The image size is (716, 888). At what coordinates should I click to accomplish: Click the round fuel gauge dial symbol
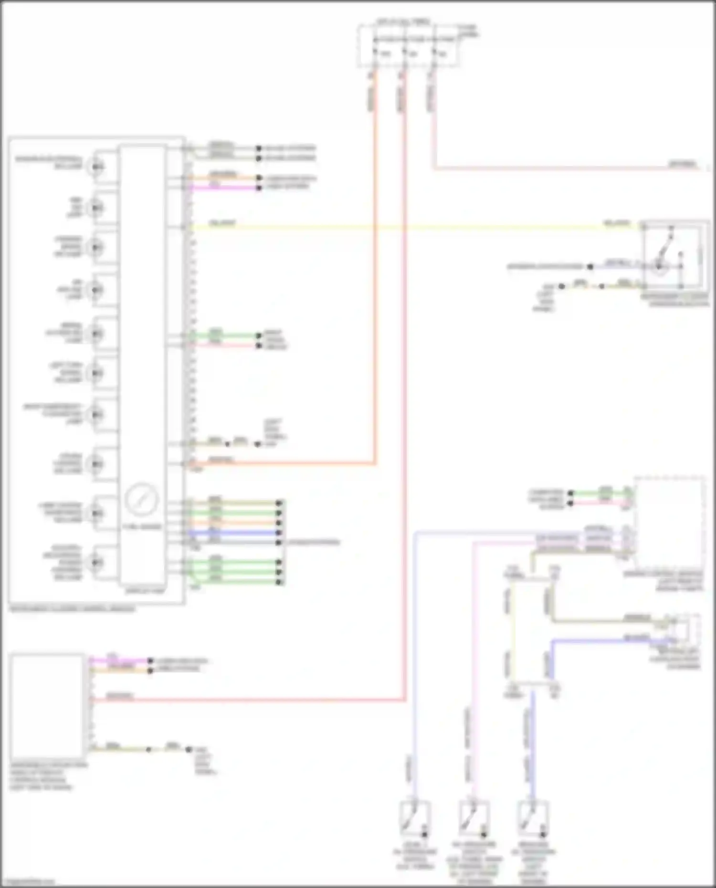click(141, 499)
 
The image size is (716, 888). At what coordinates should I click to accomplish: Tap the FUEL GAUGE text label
click(142, 526)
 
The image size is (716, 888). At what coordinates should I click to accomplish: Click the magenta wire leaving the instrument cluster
click(224, 188)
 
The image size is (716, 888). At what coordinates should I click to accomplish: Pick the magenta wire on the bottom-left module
click(119, 661)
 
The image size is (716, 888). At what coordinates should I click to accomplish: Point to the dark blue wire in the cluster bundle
click(234, 533)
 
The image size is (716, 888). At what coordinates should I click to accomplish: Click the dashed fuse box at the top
click(409, 46)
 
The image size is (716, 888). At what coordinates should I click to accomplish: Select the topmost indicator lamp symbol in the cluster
click(97, 167)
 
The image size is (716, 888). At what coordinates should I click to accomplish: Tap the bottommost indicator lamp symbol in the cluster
click(97, 563)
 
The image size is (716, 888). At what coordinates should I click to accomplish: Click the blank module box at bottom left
click(47, 706)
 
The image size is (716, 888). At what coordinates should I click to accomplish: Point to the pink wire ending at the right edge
click(573, 168)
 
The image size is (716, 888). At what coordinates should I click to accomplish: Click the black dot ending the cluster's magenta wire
click(259, 188)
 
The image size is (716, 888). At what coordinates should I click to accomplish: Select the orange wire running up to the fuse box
click(375, 286)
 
